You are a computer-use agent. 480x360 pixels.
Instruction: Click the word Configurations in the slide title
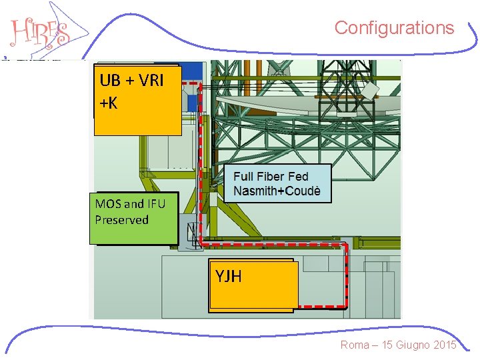[x=394, y=28]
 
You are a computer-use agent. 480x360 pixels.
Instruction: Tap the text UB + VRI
[x=131, y=81]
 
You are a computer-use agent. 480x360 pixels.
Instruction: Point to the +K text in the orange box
[x=108, y=103]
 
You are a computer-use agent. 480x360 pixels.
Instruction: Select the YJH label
[x=229, y=276]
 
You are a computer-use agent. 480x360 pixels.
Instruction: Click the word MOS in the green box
[x=107, y=204]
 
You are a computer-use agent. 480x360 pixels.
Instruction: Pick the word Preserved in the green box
[x=122, y=219]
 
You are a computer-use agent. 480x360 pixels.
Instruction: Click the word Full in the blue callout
[x=243, y=177]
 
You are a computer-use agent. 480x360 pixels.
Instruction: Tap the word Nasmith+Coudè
[x=277, y=191]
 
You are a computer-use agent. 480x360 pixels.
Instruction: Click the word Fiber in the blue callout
[x=271, y=177]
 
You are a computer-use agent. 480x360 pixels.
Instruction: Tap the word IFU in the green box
[x=155, y=204]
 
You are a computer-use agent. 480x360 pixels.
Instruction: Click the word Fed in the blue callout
[x=297, y=177]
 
